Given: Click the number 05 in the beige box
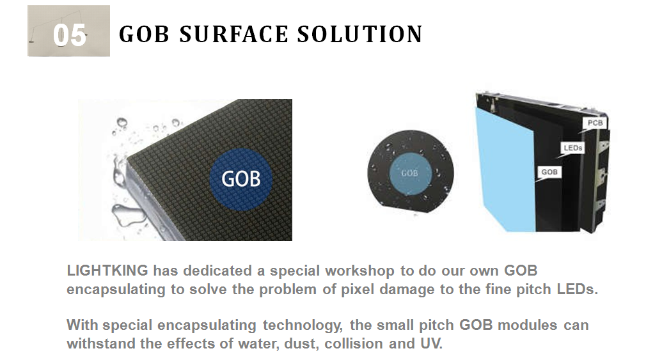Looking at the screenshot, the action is (70, 35).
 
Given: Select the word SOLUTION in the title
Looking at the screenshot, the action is (359, 34).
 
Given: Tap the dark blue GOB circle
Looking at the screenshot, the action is (241, 180).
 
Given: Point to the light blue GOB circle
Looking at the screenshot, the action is (409, 173).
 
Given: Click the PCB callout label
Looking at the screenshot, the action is (595, 123).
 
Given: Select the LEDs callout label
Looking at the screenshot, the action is (573, 148).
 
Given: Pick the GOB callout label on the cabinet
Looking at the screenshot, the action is (549, 172).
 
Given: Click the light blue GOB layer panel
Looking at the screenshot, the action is (505, 169).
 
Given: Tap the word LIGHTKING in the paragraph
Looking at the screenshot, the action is (107, 270).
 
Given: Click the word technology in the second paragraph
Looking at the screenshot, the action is (303, 325).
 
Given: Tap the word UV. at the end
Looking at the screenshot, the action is (432, 343).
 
